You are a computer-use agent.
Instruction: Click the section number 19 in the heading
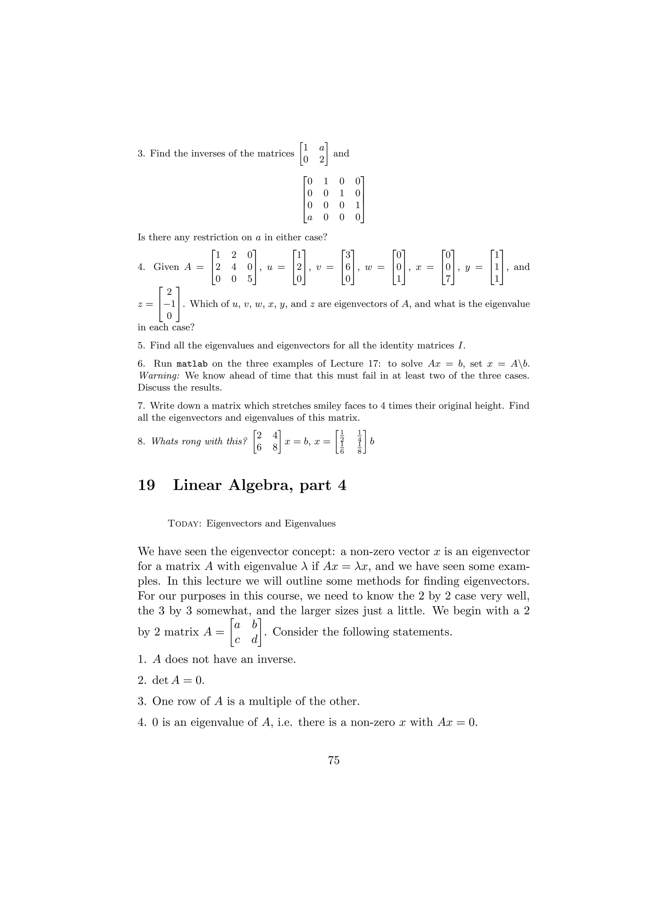pyautogui.click(x=147, y=485)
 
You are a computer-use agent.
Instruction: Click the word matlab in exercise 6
pyautogui.click(x=192, y=364)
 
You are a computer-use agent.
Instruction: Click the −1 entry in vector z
pyautogui.click(x=169, y=304)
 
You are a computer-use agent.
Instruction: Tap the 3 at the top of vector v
pyautogui.click(x=348, y=255)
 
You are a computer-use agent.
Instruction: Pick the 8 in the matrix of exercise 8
pyautogui.click(x=275, y=448)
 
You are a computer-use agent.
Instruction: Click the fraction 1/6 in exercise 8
pyautogui.click(x=342, y=448)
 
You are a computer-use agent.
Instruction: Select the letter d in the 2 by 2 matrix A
pyautogui.click(x=254, y=640)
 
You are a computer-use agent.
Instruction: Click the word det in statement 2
pyautogui.click(x=160, y=680)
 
